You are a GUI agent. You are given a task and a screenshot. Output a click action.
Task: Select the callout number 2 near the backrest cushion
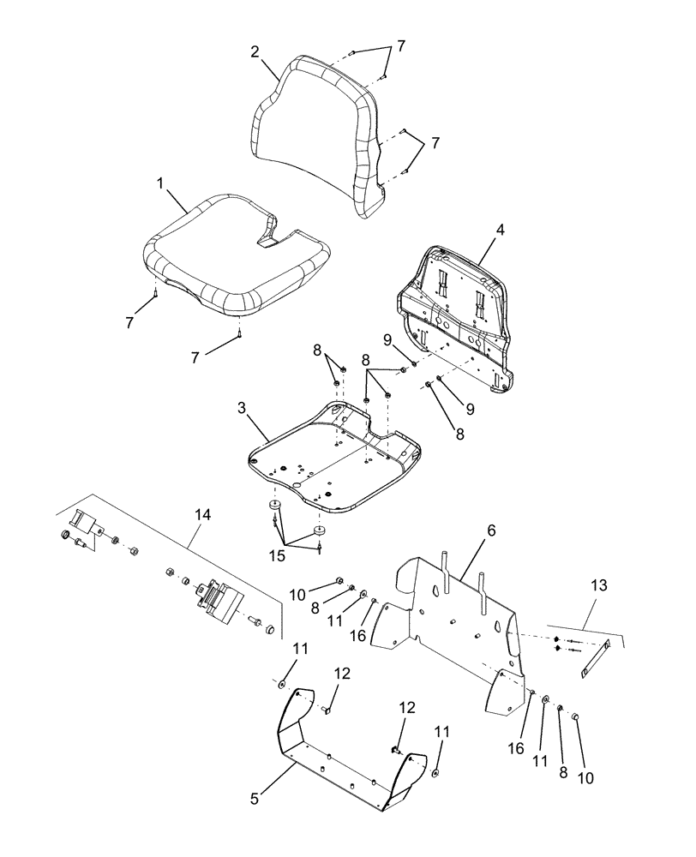click(x=255, y=51)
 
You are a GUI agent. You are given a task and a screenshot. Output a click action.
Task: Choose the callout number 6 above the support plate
click(x=492, y=531)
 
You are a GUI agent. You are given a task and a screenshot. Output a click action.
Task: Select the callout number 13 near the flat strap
click(x=598, y=585)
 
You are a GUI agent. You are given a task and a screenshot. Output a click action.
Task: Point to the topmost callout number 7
click(x=399, y=45)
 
